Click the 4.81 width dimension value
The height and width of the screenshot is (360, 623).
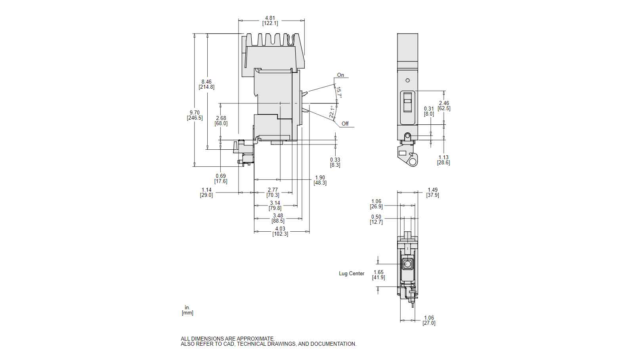(270, 18)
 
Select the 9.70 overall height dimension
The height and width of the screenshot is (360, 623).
(195, 112)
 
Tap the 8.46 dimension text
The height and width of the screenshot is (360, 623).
(206, 82)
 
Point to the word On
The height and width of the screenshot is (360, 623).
(340, 75)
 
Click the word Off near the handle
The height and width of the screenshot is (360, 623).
(345, 124)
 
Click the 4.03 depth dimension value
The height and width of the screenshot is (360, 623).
(280, 229)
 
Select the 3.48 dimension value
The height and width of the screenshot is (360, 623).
(278, 216)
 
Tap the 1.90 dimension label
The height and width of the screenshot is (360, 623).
(320, 178)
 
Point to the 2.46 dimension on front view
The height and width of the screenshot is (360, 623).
(444, 103)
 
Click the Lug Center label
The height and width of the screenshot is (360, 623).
(352, 274)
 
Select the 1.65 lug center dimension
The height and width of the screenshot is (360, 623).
(378, 272)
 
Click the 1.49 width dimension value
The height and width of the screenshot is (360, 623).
(432, 190)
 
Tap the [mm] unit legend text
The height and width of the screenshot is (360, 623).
(187, 313)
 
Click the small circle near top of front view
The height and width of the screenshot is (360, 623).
(407, 80)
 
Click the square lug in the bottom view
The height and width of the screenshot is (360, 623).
(407, 264)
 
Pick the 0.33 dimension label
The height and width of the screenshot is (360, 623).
(335, 160)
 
